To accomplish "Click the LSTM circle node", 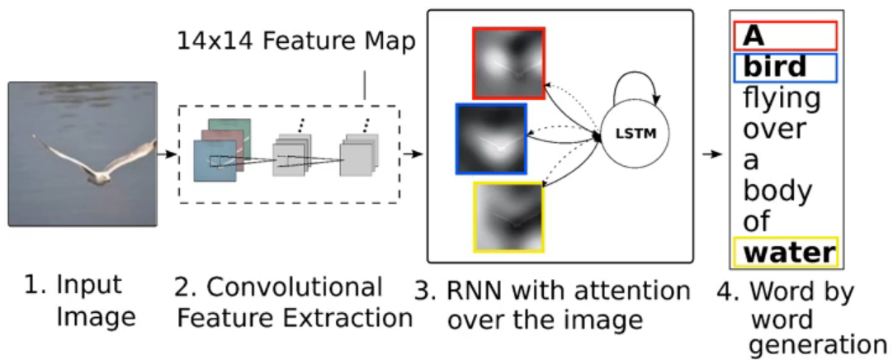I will pos(636,135).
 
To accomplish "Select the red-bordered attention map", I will pos(508,63).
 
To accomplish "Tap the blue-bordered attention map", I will pos(490,139).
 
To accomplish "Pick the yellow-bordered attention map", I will pos(508,216).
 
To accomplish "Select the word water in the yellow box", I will pos(787,252).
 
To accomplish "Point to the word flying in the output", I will pos(781,98).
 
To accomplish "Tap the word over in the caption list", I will pos(775,129).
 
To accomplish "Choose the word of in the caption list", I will pos(757,220).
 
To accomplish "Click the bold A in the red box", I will pos(753,36).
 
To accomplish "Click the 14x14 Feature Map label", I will pos(295,42).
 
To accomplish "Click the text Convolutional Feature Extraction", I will pos(292,302).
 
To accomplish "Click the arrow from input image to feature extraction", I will pos(168,154).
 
